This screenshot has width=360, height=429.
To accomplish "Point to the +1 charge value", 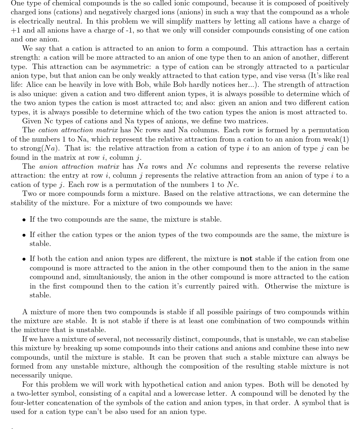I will [x=16, y=30].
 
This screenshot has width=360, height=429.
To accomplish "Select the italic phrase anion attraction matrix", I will [x=80, y=166].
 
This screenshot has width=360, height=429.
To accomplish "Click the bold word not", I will [x=246, y=258].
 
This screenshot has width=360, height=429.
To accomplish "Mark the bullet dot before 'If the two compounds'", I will [x=24, y=220].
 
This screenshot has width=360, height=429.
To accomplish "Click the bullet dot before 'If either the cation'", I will [x=24, y=235].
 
